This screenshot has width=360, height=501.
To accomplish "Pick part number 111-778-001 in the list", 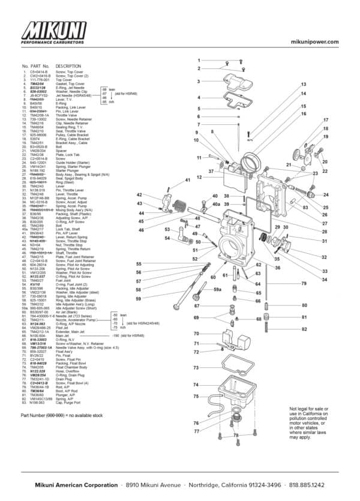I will [x=40, y=79].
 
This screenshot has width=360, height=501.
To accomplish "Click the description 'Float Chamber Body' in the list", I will [x=71, y=367].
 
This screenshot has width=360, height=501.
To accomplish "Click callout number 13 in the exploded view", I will [x=304, y=85].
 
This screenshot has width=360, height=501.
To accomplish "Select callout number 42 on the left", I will [x=139, y=195].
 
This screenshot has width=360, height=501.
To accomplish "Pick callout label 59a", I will [x=218, y=290].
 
